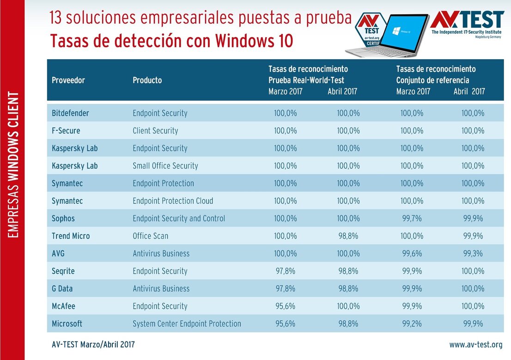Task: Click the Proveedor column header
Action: point(68,80)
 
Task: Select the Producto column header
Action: point(147,80)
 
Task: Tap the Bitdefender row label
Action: point(70,113)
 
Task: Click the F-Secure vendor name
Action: point(66,131)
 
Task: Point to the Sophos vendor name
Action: point(63,218)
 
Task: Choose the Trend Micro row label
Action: point(71,236)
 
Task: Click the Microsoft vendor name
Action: point(67,323)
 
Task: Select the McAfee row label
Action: point(63,306)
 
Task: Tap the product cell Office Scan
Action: point(150,236)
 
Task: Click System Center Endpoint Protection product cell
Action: point(187,323)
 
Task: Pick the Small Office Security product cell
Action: point(165,165)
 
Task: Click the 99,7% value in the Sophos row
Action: point(412,218)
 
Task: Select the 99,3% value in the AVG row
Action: point(473,253)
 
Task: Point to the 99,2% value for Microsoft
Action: point(412,323)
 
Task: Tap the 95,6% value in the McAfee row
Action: point(285,306)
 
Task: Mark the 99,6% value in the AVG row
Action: point(412,253)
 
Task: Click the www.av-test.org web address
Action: point(475,345)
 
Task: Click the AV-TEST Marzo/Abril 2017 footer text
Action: point(94,345)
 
